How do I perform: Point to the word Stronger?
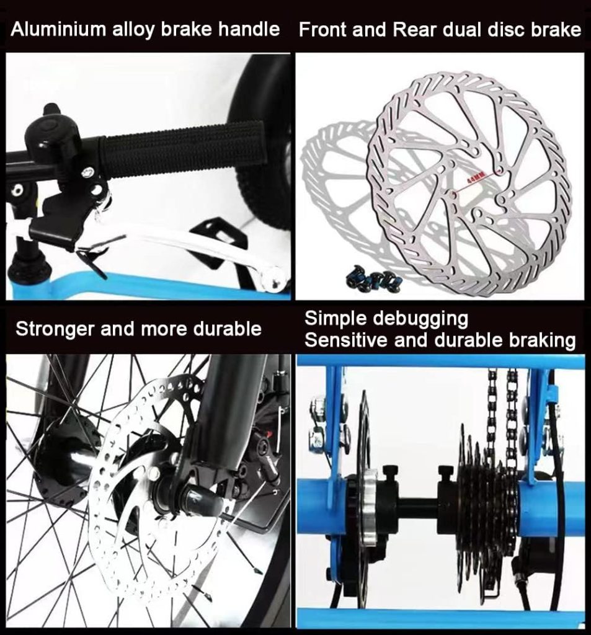[54, 329]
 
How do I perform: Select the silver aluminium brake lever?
[205, 248]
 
